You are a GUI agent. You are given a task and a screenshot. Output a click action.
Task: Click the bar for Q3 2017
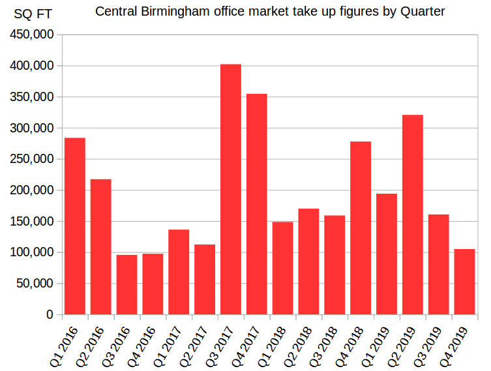click(x=231, y=189)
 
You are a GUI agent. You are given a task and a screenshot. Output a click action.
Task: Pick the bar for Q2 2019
click(x=413, y=215)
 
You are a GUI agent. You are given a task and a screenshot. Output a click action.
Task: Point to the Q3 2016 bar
click(x=127, y=285)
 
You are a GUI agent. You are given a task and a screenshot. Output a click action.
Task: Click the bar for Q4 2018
click(x=361, y=228)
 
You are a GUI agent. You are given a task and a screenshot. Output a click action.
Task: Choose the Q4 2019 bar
click(x=464, y=282)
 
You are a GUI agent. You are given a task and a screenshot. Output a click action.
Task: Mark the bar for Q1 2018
click(x=283, y=268)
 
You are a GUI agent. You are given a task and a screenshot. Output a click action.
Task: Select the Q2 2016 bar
click(x=101, y=247)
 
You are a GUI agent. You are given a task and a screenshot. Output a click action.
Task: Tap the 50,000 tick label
click(x=35, y=284)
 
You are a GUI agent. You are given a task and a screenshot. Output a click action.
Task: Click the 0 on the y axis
click(x=50, y=315)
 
